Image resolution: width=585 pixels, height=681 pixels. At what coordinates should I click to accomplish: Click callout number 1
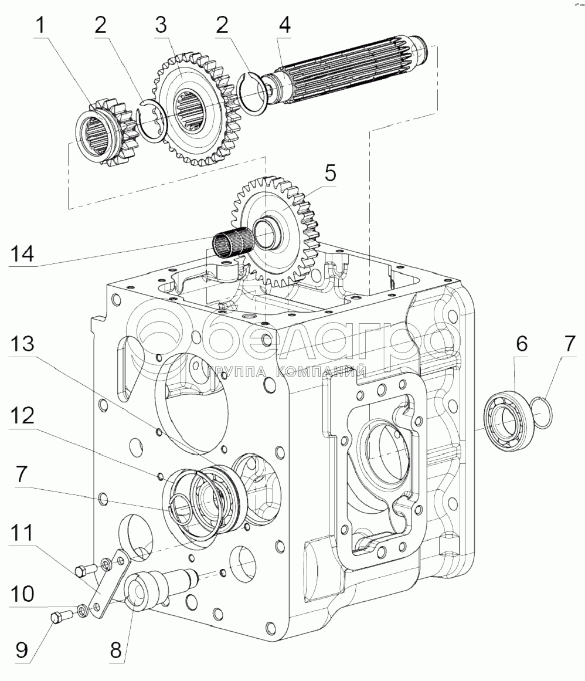[40, 26]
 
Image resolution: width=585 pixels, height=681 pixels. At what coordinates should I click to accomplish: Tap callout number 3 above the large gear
[161, 25]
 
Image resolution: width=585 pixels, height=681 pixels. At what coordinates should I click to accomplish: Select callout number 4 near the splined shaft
[284, 25]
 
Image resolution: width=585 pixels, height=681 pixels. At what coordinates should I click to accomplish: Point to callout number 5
[330, 173]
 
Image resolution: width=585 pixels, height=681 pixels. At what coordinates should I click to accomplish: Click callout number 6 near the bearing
[522, 344]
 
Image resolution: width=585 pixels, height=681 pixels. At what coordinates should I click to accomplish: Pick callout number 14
[22, 253]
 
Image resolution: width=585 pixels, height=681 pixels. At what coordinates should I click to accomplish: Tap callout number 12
[22, 416]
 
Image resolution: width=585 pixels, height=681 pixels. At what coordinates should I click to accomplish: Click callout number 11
[22, 533]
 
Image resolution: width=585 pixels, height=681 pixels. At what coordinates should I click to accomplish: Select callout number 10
[22, 594]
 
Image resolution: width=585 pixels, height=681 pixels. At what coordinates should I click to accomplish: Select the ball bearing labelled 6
[507, 421]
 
